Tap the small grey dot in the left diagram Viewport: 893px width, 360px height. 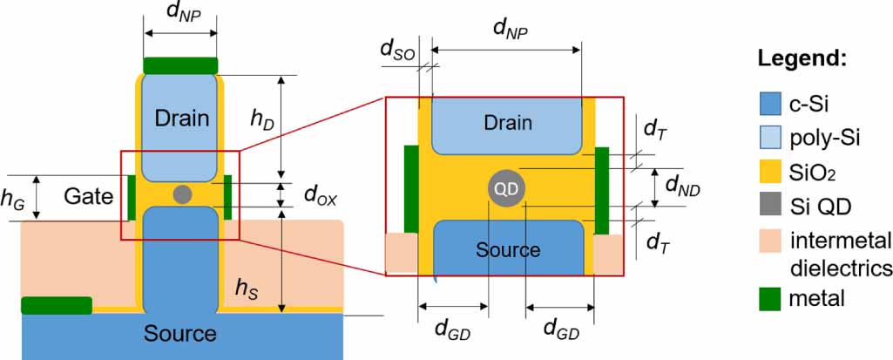click(182, 194)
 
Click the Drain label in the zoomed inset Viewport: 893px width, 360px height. click(507, 123)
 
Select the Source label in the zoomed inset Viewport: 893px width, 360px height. click(507, 250)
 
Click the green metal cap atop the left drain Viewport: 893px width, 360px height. click(180, 65)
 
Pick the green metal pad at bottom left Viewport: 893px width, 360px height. click(56, 305)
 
